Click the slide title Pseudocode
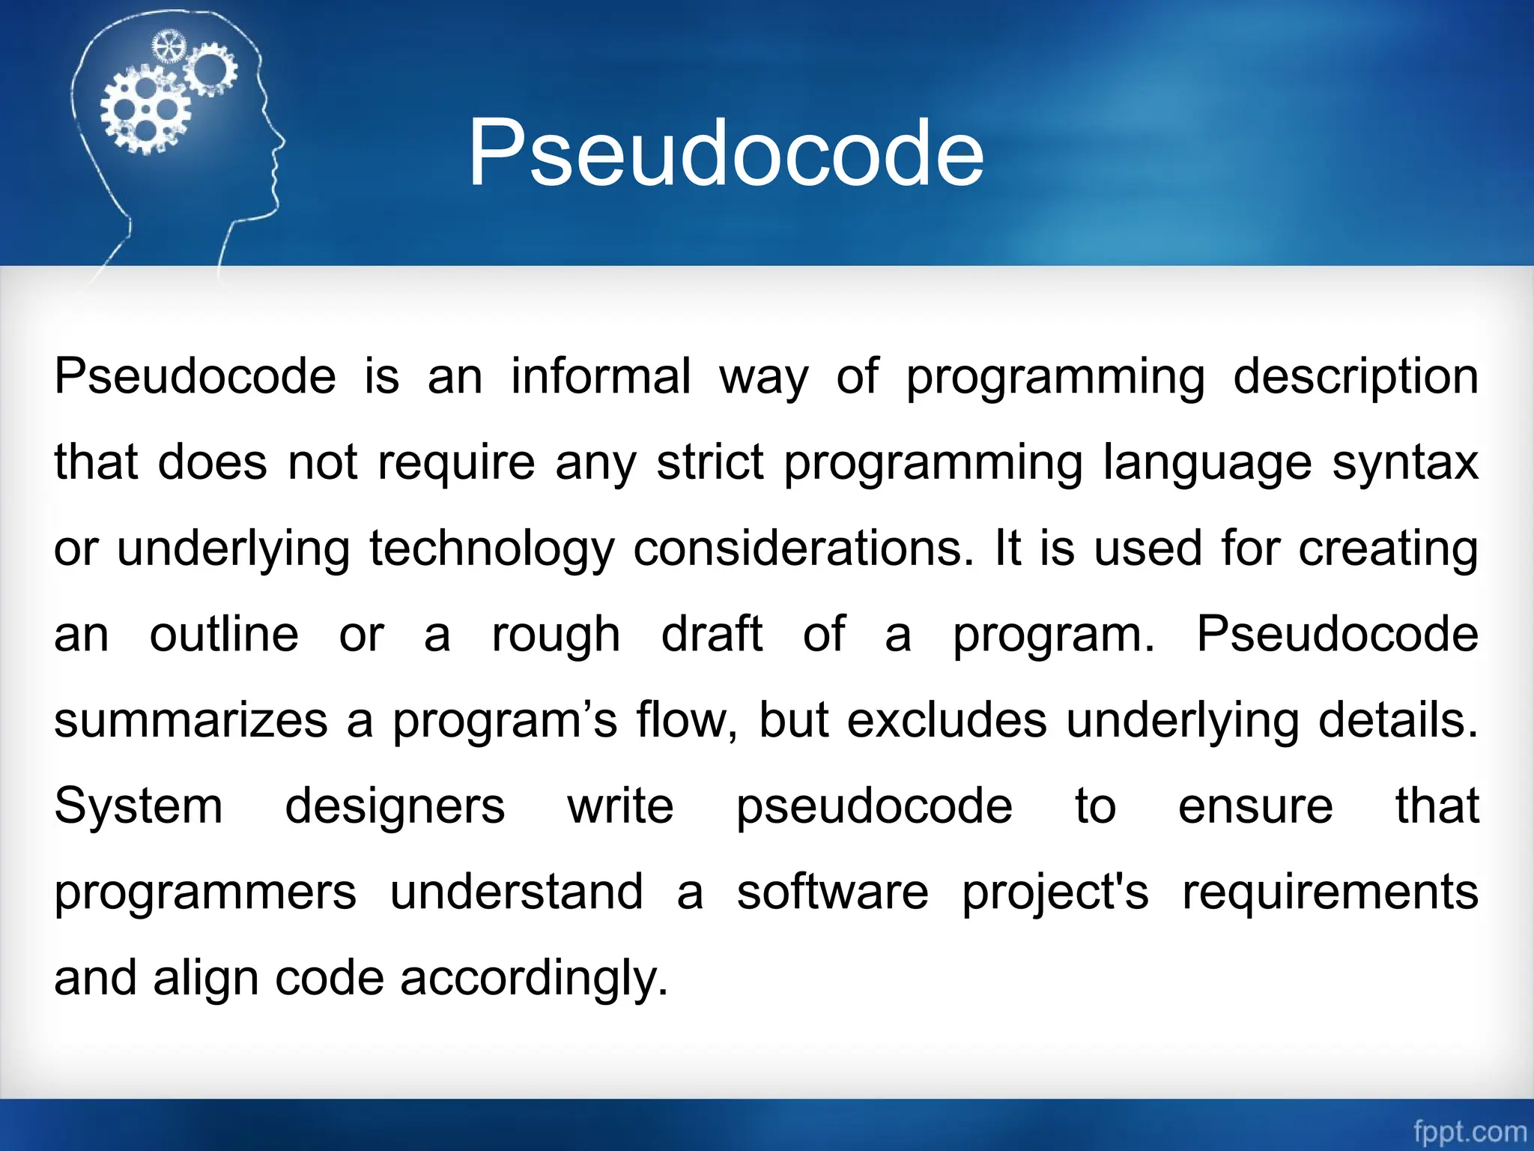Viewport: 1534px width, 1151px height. click(725, 154)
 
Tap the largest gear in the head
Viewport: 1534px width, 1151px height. click(145, 110)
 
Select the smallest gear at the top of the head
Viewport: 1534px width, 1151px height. click(169, 48)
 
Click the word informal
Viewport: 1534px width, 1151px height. click(601, 376)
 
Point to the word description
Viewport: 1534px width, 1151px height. click(1355, 376)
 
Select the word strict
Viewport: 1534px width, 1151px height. click(709, 462)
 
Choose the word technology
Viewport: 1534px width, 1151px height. click(492, 549)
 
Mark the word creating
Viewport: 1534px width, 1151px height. click(1388, 549)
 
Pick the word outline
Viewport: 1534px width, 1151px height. click(224, 634)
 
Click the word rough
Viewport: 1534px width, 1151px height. click(556, 634)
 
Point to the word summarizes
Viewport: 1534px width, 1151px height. click(191, 720)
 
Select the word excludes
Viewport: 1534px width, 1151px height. click(947, 720)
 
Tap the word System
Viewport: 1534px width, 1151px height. click(139, 806)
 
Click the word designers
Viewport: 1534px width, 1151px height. click(395, 806)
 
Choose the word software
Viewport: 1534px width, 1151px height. click(832, 892)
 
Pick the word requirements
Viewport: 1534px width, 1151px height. click(1330, 892)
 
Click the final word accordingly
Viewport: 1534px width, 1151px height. click(533, 979)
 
